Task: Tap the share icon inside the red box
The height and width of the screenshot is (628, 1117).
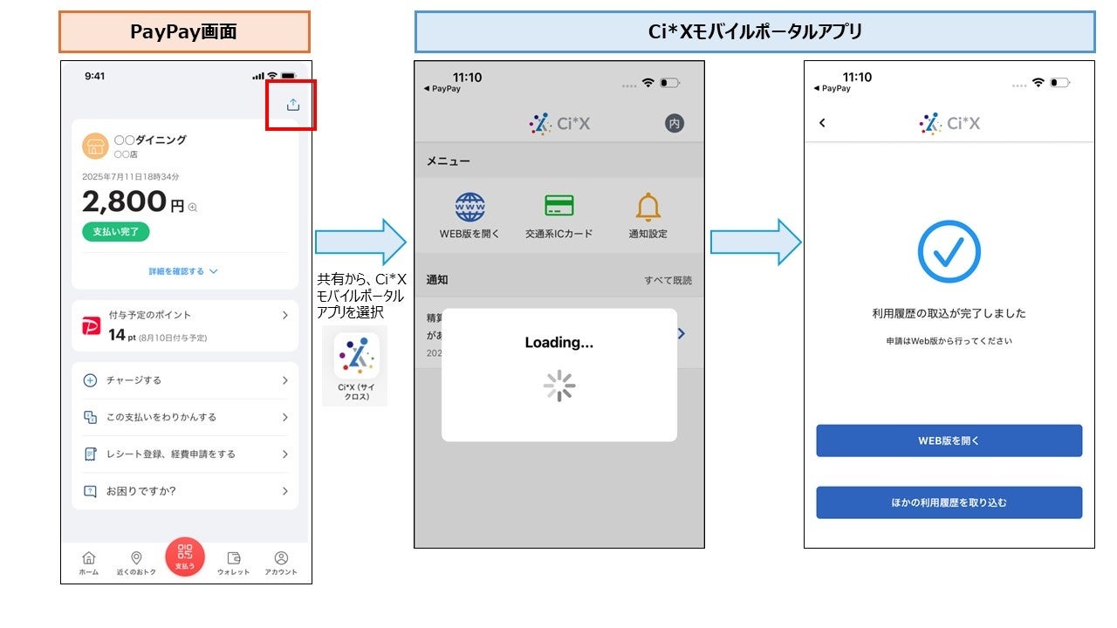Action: click(x=293, y=105)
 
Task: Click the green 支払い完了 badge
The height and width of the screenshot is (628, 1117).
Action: click(x=116, y=231)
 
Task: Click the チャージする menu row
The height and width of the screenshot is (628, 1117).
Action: click(x=185, y=380)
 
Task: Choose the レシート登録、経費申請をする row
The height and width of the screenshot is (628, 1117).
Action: click(x=185, y=454)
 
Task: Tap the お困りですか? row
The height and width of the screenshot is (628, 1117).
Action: click(x=185, y=491)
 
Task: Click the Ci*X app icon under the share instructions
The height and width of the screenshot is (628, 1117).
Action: click(x=356, y=356)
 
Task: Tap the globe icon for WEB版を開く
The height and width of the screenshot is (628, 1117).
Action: click(x=469, y=207)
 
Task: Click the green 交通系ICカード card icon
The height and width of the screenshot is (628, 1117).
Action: click(x=558, y=206)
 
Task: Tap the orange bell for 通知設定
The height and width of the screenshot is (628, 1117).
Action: click(x=648, y=207)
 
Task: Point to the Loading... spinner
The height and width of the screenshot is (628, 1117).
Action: click(x=559, y=386)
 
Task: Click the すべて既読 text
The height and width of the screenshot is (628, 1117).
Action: click(x=668, y=280)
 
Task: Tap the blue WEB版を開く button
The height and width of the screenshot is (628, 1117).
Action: click(x=949, y=440)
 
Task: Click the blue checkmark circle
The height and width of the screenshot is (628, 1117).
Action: click(x=949, y=251)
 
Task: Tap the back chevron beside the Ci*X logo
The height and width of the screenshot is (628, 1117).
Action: click(x=822, y=123)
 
